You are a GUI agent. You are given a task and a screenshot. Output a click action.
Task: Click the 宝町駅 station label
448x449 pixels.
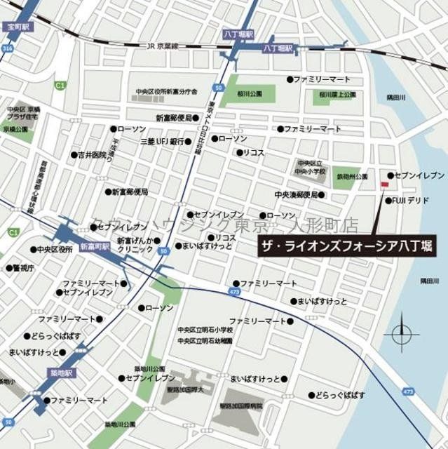click(x=17, y=27)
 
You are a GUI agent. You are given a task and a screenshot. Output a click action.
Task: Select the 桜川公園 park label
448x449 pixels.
click(x=249, y=93)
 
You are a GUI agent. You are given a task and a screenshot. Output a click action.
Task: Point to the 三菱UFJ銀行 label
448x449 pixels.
click(x=160, y=142)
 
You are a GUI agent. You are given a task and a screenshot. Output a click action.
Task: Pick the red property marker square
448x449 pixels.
click(x=383, y=185)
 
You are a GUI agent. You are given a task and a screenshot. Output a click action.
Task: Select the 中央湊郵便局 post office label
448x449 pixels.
click(x=296, y=194)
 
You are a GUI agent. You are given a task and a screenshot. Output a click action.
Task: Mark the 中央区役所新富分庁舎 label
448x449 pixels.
click(x=166, y=92)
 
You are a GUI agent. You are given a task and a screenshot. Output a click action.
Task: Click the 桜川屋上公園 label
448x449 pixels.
click(x=337, y=93)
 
